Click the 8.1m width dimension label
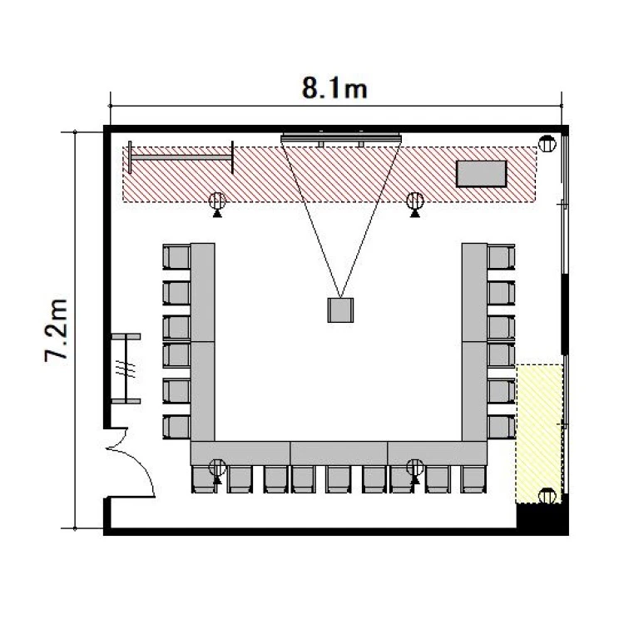coord(334,88)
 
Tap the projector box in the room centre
coord(340,310)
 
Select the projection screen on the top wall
coord(341,138)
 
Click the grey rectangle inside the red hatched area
coord(482,174)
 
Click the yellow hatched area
coord(539,433)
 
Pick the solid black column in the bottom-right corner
coord(542,518)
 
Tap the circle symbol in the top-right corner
coord(547,144)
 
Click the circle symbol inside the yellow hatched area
coord(547,496)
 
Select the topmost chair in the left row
coord(176,257)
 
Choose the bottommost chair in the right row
coord(502,427)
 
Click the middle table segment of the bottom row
coord(339,453)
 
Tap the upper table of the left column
coord(203,292)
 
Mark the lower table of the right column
coord(475,391)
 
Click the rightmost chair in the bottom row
coord(473,479)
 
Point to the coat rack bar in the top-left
coord(181,157)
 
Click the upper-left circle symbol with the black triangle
coord(217,204)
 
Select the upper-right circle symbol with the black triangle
coord(415,204)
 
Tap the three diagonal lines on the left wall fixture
coord(126,369)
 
